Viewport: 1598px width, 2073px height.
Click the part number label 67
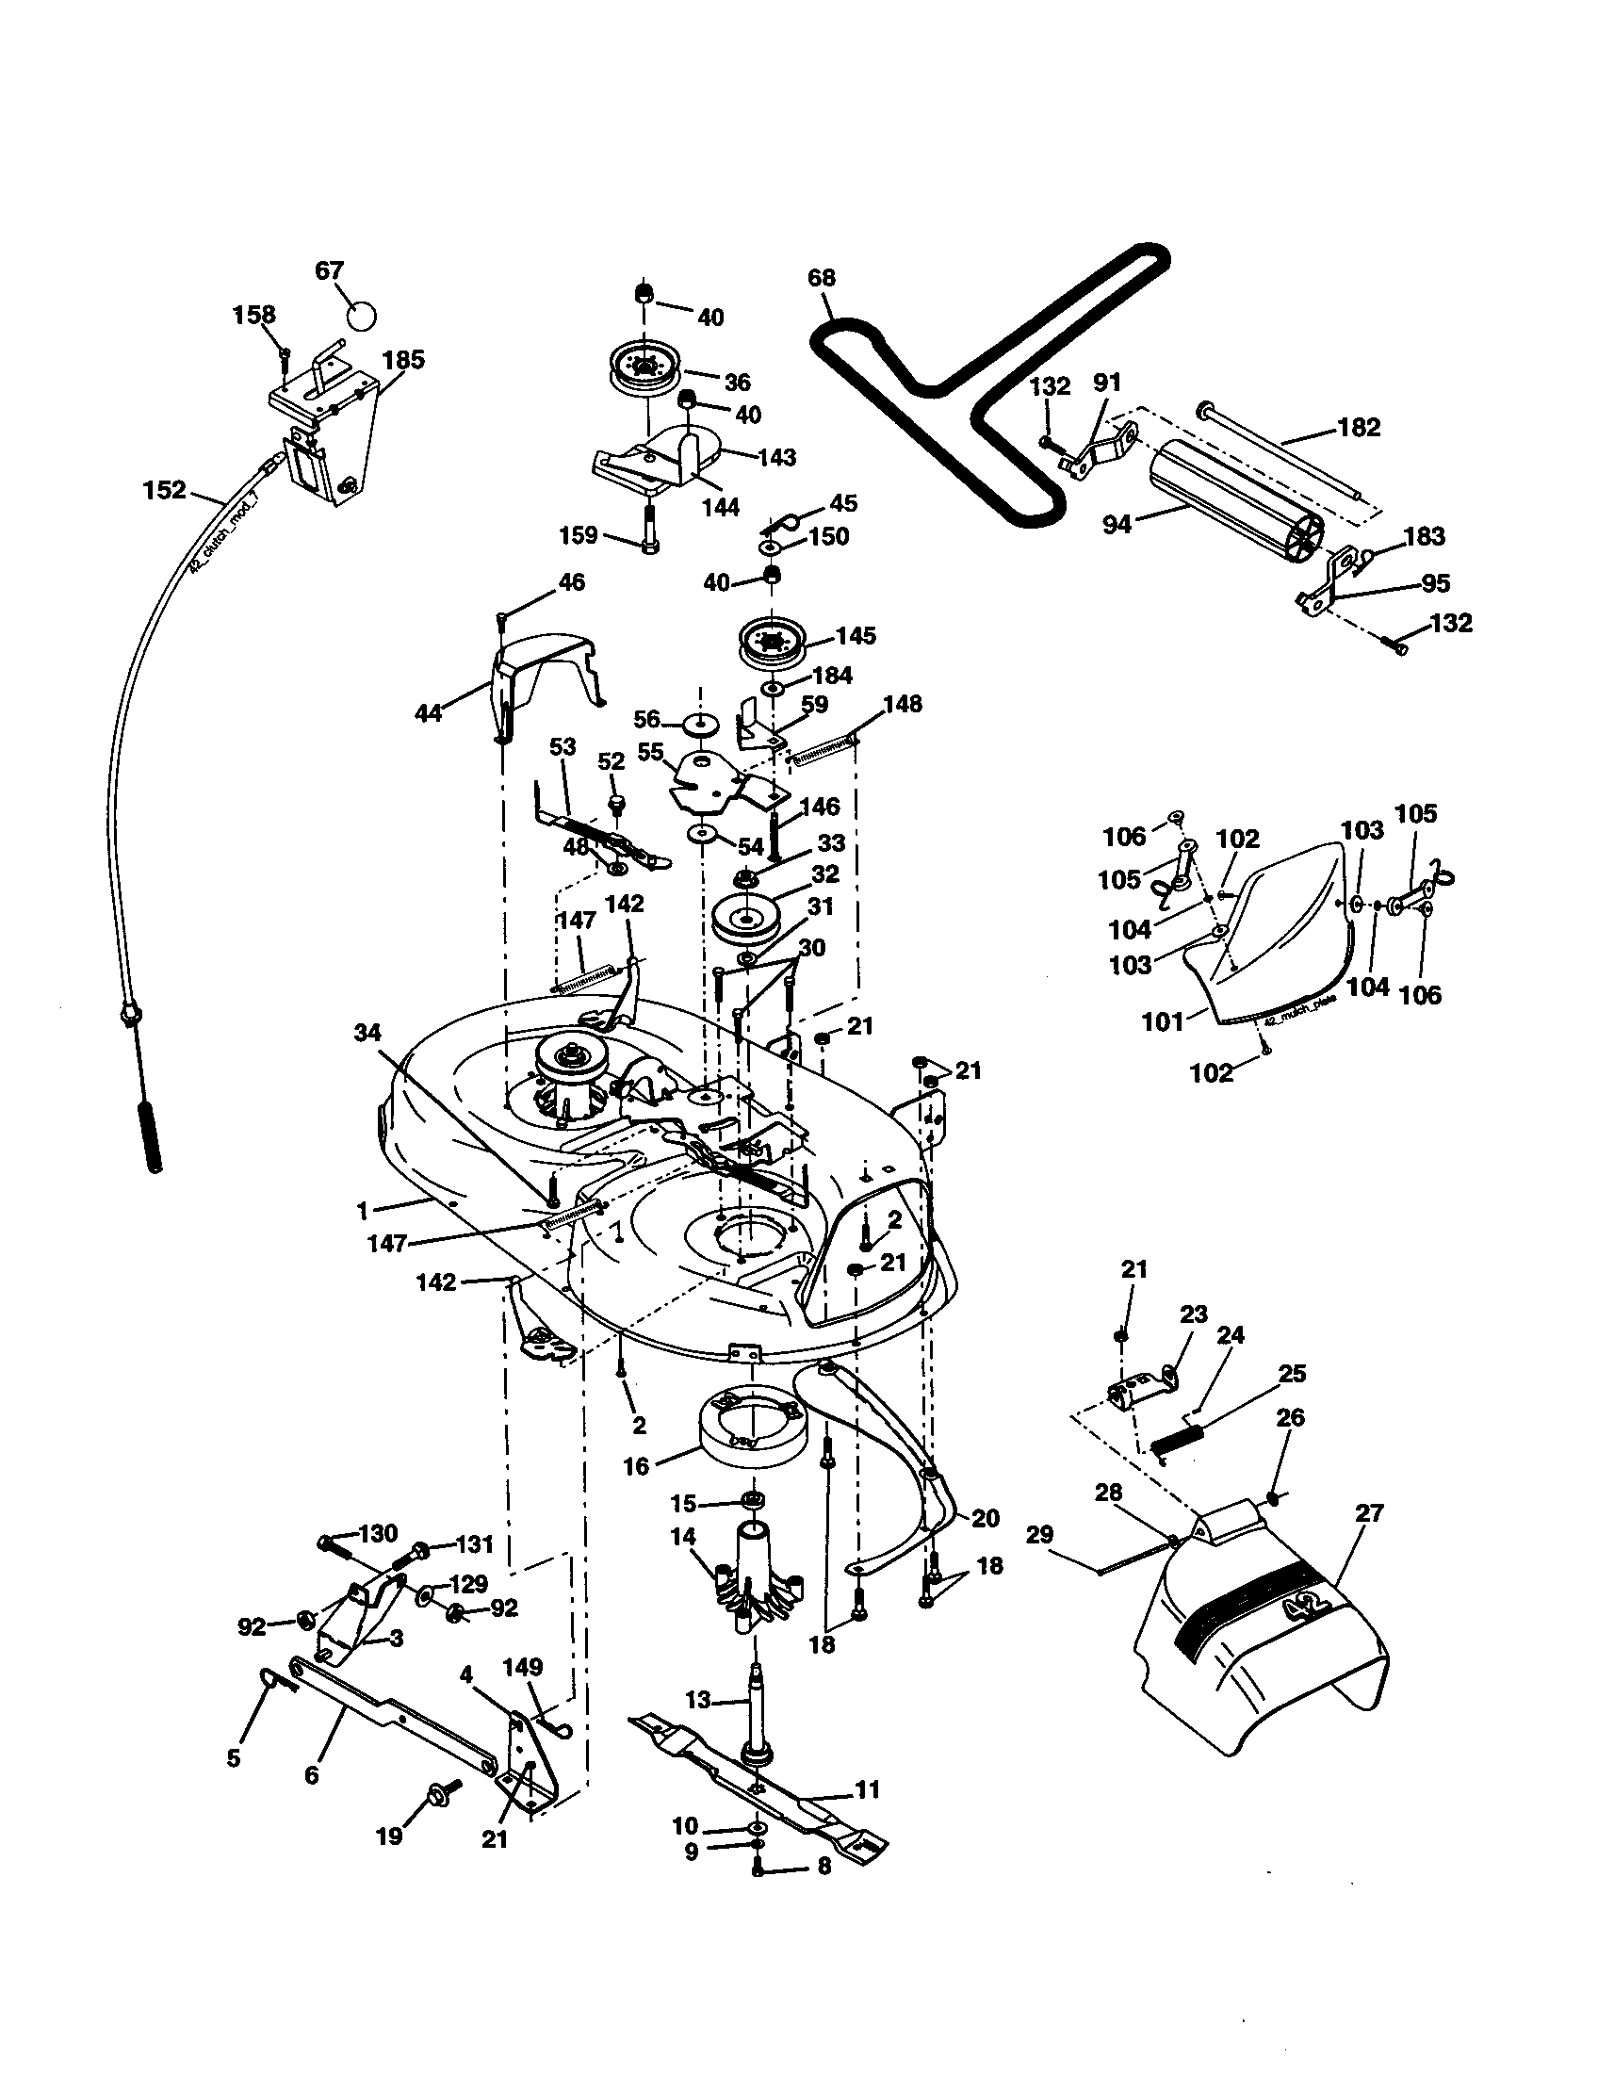click(329, 270)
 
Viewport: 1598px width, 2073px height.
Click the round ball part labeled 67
click(361, 314)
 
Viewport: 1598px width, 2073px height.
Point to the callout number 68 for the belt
click(822, 277)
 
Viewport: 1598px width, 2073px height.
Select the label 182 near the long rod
click(1359, 427)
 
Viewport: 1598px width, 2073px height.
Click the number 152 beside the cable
click(164, 491)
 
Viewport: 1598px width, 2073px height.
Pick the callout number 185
click(403, 360)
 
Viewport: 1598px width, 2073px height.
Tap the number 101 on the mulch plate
click(1163, 1021)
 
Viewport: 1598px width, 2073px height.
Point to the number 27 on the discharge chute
click(1368, 1512)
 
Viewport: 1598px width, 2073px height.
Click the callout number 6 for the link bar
click(311, 1774)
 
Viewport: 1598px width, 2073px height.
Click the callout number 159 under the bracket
click(579, 535)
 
